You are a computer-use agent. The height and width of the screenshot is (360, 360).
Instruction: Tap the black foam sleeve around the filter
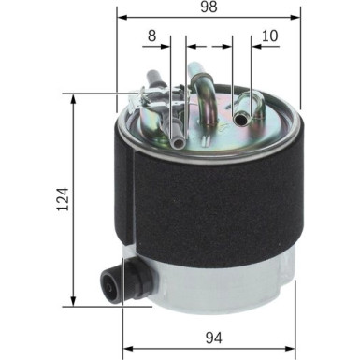tap(215, 196)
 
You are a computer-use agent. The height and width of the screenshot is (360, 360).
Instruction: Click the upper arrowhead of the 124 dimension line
tap(74, 97)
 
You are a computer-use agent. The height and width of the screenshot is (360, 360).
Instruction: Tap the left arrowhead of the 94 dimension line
tap(127, 320)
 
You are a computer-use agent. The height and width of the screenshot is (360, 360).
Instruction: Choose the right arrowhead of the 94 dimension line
tap(296, 320)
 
